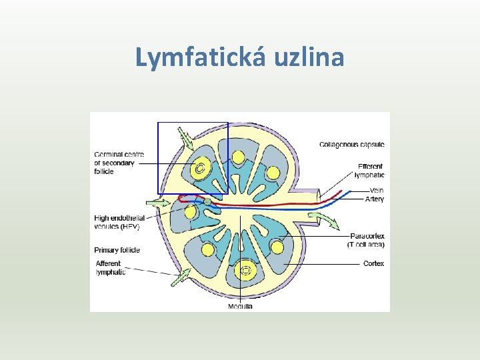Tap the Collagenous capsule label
(352, 145)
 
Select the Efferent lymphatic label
(370, 171)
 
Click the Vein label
(376, 191)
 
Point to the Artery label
(374, 199)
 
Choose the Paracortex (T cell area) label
(366, 240)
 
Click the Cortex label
(373, 263)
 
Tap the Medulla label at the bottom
(240, 306)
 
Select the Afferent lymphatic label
(109, 267)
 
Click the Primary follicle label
(117, 250)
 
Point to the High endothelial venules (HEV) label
(119, 222)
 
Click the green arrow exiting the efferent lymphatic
(327, 221)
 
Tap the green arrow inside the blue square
(185, 139)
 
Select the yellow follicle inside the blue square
(199, 167)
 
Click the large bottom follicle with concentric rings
(246, 271)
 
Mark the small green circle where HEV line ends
(207, 201)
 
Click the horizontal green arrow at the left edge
(160, 201)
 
